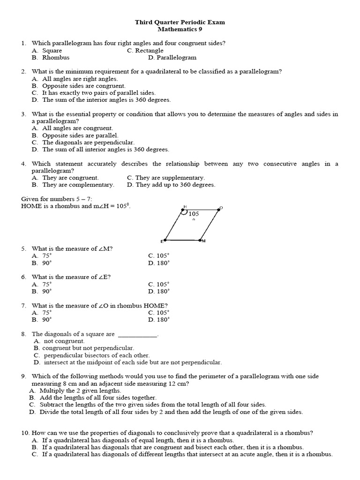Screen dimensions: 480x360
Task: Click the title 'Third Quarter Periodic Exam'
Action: click(x=180, y=22)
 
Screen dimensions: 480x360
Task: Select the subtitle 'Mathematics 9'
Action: click(x=180, y=29)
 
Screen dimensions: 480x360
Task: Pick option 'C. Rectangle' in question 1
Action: click(x=145, y=51)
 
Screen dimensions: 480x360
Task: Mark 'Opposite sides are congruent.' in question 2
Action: click(x=83, y=86)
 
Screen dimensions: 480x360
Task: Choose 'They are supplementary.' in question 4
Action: click(x=166, y=178)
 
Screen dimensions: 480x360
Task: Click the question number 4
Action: click(x=23, y=164)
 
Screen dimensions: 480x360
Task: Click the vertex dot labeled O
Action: click(x=218, y=210)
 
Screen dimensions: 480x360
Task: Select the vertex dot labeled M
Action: click(x=200, y=240)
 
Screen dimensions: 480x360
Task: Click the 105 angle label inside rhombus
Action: click(x=194, y=214)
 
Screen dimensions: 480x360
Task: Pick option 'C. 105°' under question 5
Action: click(x=158, y=256)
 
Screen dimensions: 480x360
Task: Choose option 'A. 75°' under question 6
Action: click(x=42, y=285)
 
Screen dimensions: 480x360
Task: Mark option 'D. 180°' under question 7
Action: click(x=158, y=320)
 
